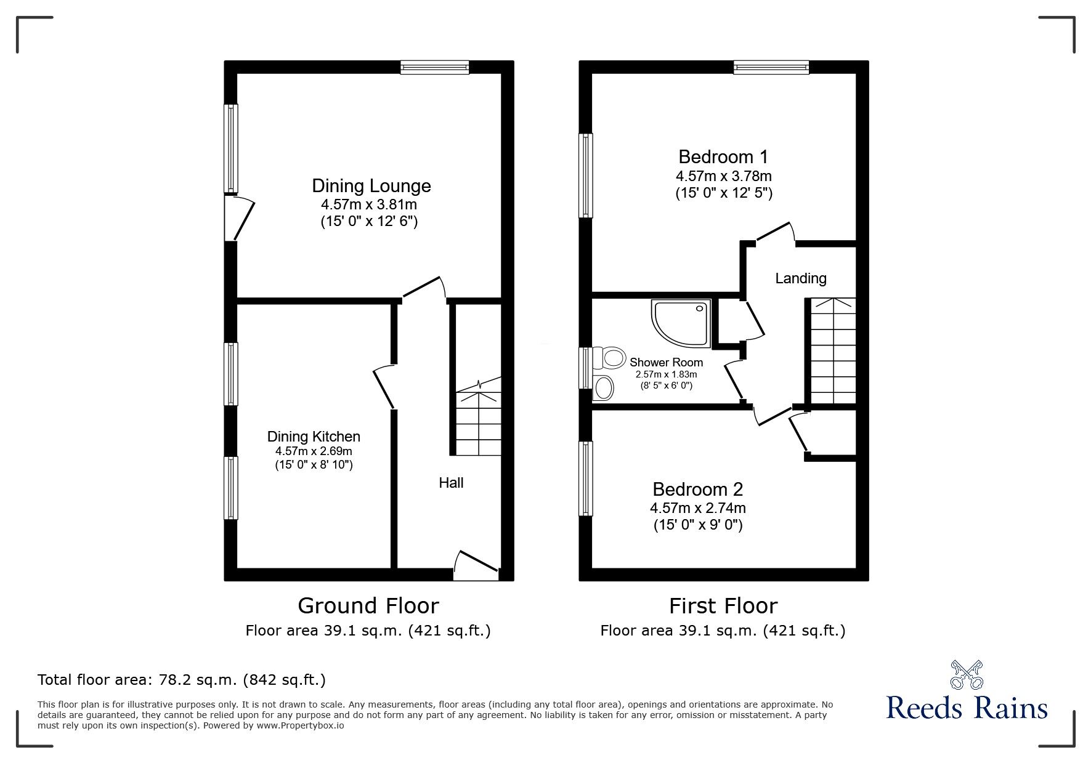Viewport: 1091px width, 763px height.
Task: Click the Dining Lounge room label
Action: [371, 186]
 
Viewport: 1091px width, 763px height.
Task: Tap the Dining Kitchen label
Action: [314, 437]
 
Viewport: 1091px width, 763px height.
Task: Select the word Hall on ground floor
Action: [451, 483]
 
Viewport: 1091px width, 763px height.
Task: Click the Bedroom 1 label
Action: [723, 157]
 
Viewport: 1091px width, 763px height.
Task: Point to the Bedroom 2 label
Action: [697, 490]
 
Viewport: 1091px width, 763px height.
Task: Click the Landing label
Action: [800, 278]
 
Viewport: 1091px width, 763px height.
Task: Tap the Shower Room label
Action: [666, 363]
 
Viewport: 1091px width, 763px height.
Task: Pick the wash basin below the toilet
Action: [604, 388]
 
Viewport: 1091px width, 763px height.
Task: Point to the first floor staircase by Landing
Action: [832, 351]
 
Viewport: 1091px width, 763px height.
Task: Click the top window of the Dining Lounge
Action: [435, 67]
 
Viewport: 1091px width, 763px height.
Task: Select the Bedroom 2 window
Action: [586, 478]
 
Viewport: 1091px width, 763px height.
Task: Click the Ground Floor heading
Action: [368, 606]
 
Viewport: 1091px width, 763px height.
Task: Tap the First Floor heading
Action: [723, 606]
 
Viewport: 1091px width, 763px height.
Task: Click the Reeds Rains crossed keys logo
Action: [967, 676]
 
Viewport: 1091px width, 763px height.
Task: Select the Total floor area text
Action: [182, 680]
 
